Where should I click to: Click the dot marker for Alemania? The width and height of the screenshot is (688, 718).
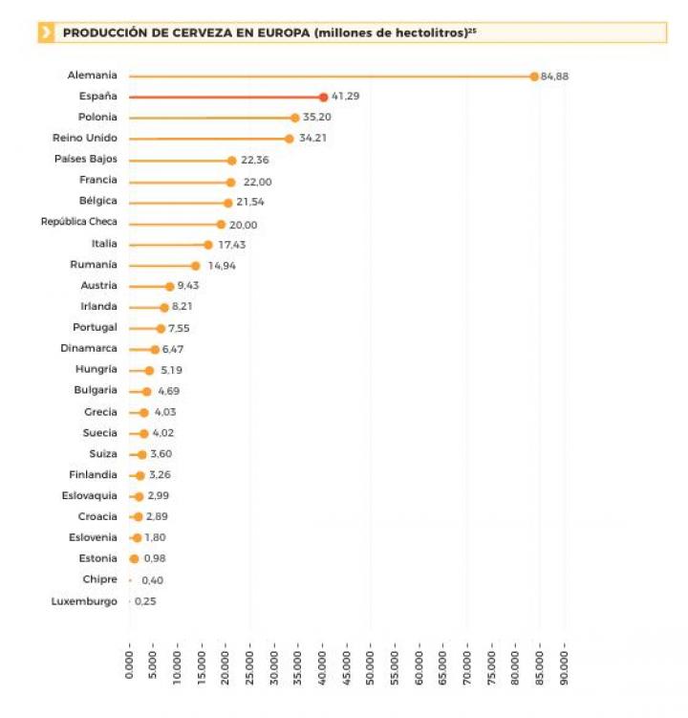(x=534, y=76)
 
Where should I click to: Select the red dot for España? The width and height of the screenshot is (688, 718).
(x=323, y=97)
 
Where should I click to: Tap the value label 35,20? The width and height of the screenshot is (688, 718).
(x=316, y=118)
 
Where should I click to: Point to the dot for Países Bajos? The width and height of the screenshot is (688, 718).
(x=231, y=161)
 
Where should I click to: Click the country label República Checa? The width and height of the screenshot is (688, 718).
(x=79, y=223)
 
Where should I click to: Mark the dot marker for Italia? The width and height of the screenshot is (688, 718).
(x=207, y=245)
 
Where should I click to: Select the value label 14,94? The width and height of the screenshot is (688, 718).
(x=222, y=266)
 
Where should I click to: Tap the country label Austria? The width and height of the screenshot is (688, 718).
(x=99, y=286)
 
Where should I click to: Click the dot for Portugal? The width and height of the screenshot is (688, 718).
(x=161, y=328)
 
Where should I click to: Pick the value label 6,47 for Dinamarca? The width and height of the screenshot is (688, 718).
(x=175, y=349)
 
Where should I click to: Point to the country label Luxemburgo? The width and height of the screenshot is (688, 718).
(x=84, y=601)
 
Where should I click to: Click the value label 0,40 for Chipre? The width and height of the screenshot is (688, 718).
(x=152, y=580)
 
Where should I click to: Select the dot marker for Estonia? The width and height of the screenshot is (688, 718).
(x=134, y=558)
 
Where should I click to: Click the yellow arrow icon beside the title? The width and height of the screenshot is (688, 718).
(x=46, y=33)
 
